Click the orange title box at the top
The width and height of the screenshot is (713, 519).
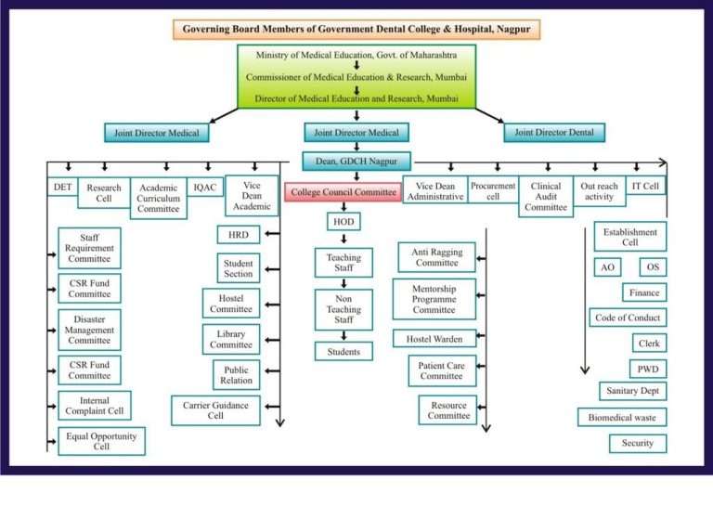click(356, 29)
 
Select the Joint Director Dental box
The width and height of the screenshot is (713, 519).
click(554, 132)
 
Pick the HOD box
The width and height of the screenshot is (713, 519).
click(344, 222)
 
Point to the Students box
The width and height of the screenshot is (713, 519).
click(344, 351)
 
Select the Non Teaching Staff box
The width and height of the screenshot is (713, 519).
click(344, 309)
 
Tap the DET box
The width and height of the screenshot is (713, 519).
click(62, 187)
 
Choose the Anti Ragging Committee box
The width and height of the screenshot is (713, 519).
click(436, 256)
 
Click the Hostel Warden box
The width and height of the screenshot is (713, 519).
click(434, 339)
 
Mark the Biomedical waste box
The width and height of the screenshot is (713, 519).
click(621, 417)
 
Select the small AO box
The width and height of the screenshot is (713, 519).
click(606, 267)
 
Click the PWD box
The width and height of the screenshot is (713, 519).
click(647, 369)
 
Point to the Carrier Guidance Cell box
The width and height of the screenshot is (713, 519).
click(215, 409)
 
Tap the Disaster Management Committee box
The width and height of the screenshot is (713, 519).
click(89, 330)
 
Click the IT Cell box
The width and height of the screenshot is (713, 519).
click(645, 187)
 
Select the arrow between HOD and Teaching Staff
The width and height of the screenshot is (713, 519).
click(344, 239)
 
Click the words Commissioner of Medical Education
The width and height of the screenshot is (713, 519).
click(312, 76)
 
